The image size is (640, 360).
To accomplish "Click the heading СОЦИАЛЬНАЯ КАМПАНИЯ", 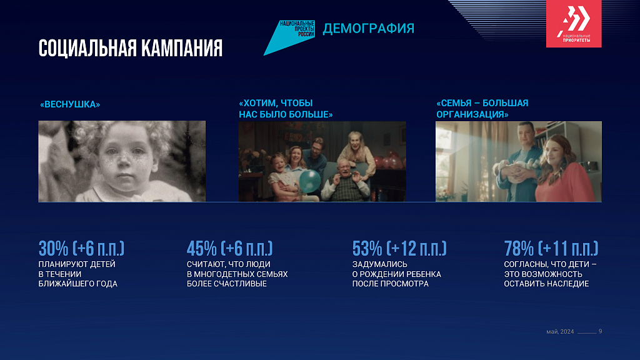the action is coord(130,49).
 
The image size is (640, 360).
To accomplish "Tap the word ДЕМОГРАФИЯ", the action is coord(369,28).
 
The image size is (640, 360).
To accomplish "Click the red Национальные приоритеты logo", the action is coord(574,24).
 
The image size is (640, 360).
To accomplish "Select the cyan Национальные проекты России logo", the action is coord(289,37).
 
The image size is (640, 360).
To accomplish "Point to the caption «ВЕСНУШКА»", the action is coord(70,104).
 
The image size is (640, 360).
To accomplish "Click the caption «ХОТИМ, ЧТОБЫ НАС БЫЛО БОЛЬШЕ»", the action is coord(286,109).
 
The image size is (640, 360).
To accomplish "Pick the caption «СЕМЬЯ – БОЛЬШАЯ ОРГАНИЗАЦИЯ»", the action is coord(482,109).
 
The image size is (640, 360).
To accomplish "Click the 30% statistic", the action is coord(54,248).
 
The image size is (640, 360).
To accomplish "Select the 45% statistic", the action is coord(202,248).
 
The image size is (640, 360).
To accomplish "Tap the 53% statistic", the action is coord(367,248).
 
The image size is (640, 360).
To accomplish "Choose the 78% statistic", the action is coord(519,248).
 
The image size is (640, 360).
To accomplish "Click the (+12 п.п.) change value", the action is coord(417,248).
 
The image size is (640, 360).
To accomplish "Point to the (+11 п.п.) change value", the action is coord(568,248).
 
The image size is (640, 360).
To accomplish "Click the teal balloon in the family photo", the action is coord(310,181).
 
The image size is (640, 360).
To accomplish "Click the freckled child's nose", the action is coord(124,166).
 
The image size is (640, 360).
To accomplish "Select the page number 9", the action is coord(600,331).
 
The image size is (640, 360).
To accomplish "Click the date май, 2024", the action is coord(560,332).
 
